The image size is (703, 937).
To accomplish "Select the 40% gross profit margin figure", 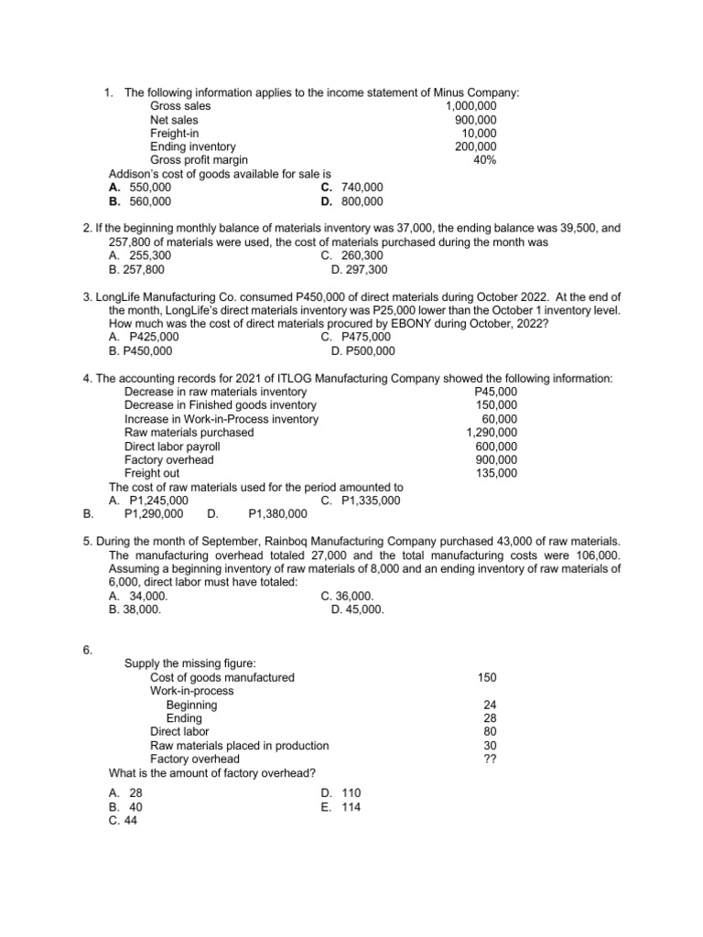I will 485,160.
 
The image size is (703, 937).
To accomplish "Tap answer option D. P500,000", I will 363,350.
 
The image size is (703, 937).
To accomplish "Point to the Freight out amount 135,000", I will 497,473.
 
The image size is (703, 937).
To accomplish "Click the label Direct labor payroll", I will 172,447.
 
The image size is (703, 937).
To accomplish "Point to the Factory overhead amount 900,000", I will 497,459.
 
